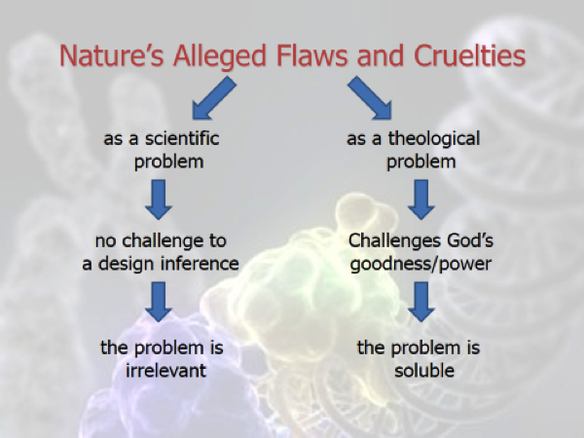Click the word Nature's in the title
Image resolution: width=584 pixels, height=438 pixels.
pos(111,55)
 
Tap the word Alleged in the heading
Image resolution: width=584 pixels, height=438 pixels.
pos(220,56)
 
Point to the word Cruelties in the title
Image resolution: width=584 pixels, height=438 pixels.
pos(469,55)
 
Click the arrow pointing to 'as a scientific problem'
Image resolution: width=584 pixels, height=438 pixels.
pos(214,98)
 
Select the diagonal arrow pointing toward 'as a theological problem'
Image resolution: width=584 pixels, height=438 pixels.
pos(370,98)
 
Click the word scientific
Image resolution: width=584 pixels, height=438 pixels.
pos(182,138)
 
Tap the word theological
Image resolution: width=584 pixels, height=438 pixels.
pos(434,139)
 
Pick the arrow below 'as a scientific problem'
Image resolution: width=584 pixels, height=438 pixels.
pos(159,200)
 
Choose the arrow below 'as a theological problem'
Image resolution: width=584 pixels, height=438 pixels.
pos(421,200)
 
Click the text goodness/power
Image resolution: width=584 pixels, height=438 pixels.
pos(420,265)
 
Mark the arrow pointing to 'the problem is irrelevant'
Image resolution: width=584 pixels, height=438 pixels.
pos(159,302)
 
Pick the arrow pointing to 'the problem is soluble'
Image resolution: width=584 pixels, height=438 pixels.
pos(421,302)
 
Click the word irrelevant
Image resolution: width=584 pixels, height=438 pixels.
pos(165,370)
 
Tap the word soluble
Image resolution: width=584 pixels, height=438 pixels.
pos(424,370)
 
